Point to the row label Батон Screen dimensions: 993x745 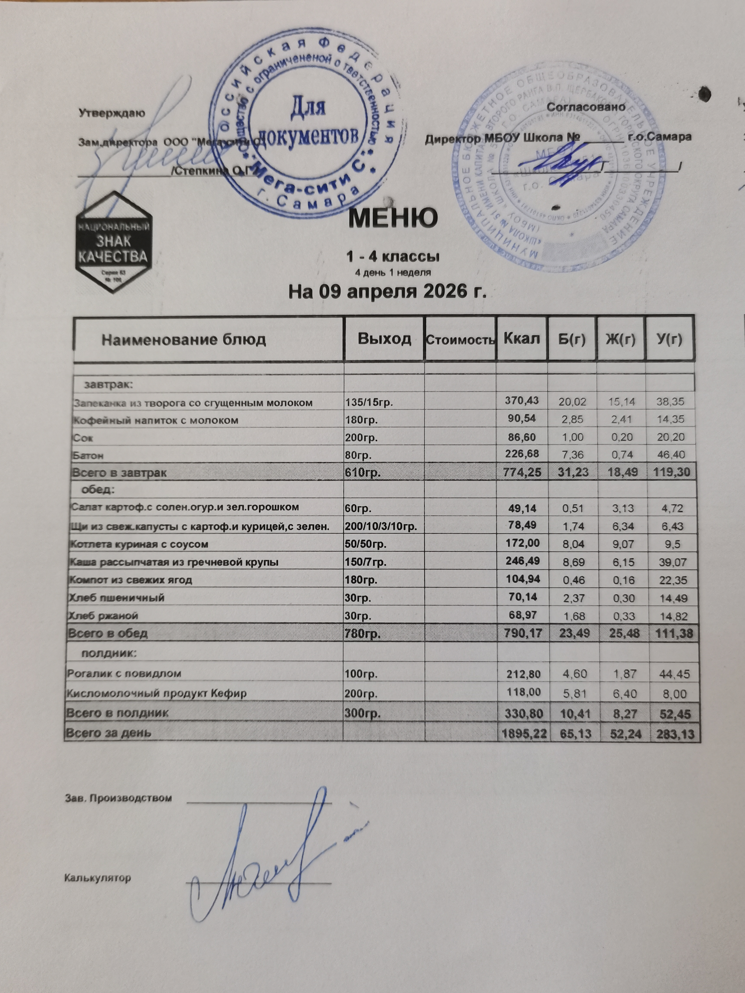pyautogui.click(x=88, y=455)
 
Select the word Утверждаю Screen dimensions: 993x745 pyautogui.click(x=112, y=113)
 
